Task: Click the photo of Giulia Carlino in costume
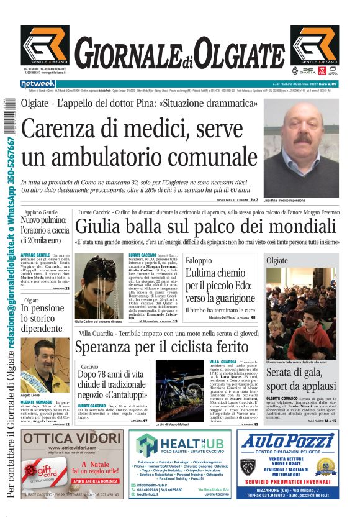99,286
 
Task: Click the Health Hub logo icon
147,445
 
